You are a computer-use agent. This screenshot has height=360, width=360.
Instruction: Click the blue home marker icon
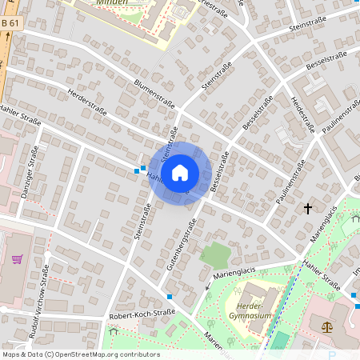point(180,172)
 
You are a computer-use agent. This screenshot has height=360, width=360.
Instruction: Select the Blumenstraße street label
point(154,94)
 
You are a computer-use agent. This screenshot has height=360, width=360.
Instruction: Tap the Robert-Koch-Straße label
point(141,315)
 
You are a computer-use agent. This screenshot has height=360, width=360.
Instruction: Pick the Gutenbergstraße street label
point(181,246)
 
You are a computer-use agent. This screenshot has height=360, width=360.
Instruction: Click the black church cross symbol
point(307,209)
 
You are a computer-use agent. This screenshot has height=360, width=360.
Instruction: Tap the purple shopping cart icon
point(18,260)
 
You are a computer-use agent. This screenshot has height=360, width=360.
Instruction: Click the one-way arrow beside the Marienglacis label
point(207,286)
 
